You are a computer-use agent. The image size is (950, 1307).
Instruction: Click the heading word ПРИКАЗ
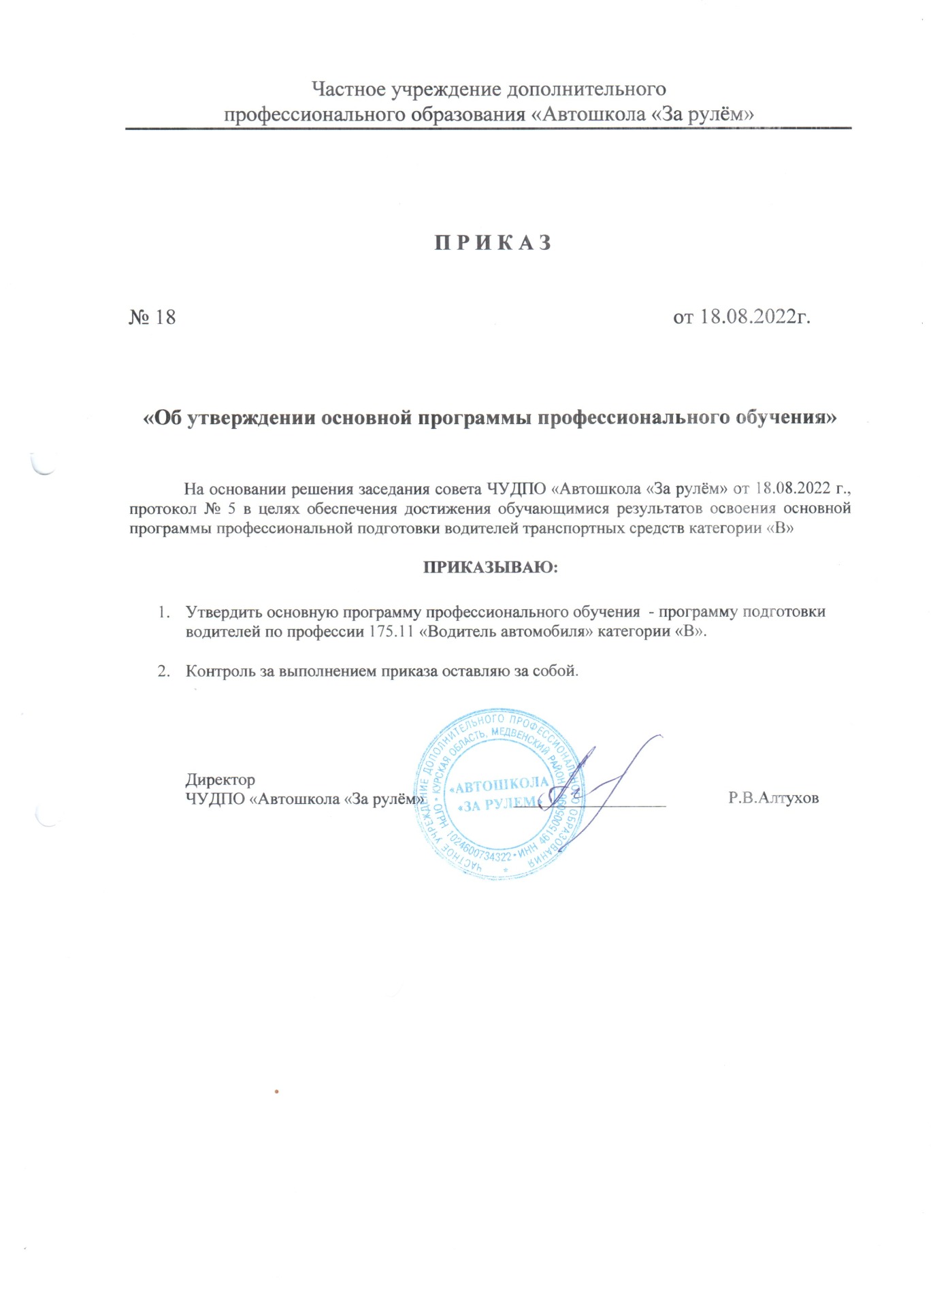point(493,243)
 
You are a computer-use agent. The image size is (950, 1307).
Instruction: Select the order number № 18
point(152,317)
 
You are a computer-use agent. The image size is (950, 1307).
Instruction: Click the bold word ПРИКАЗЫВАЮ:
point(491,567)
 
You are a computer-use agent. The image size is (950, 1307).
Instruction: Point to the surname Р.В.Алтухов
point(773,798)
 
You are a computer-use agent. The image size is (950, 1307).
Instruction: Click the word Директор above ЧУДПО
point(220,779)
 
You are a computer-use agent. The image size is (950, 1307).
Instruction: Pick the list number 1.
point(163,611)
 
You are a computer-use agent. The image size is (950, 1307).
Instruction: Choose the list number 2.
point(163,671)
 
